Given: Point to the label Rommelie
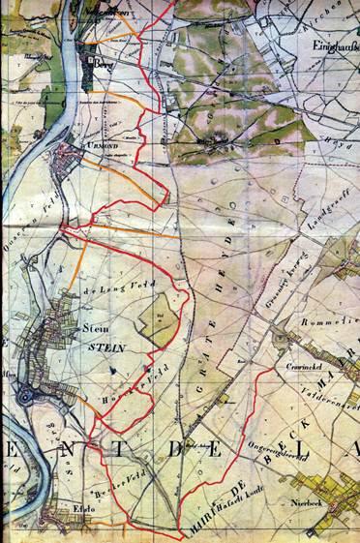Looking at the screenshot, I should (x=334, y=322).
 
